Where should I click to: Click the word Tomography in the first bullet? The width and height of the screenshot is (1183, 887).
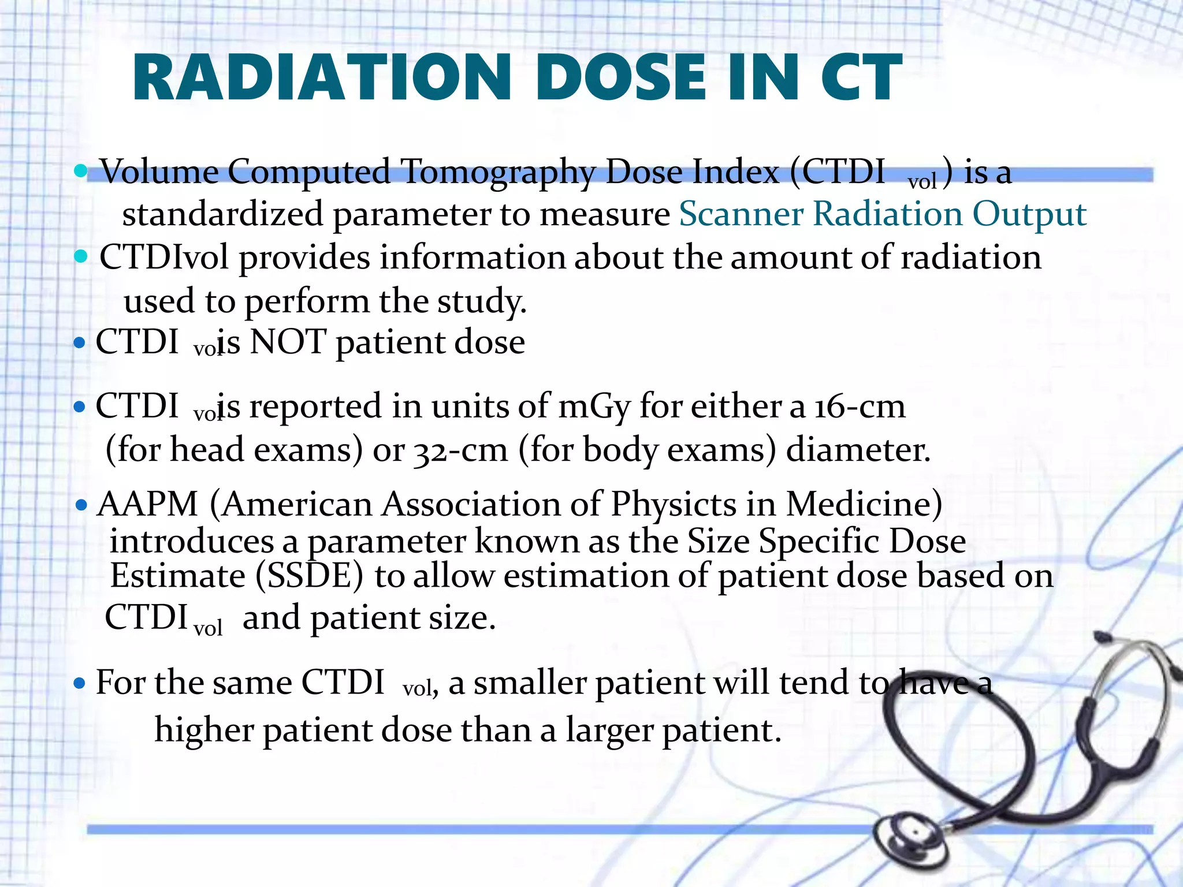498,173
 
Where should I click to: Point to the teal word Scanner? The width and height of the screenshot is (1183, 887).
741,214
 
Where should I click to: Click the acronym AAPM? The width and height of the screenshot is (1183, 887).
148,504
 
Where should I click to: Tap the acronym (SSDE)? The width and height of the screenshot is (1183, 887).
309,576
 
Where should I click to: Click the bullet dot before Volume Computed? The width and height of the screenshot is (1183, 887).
81,171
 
